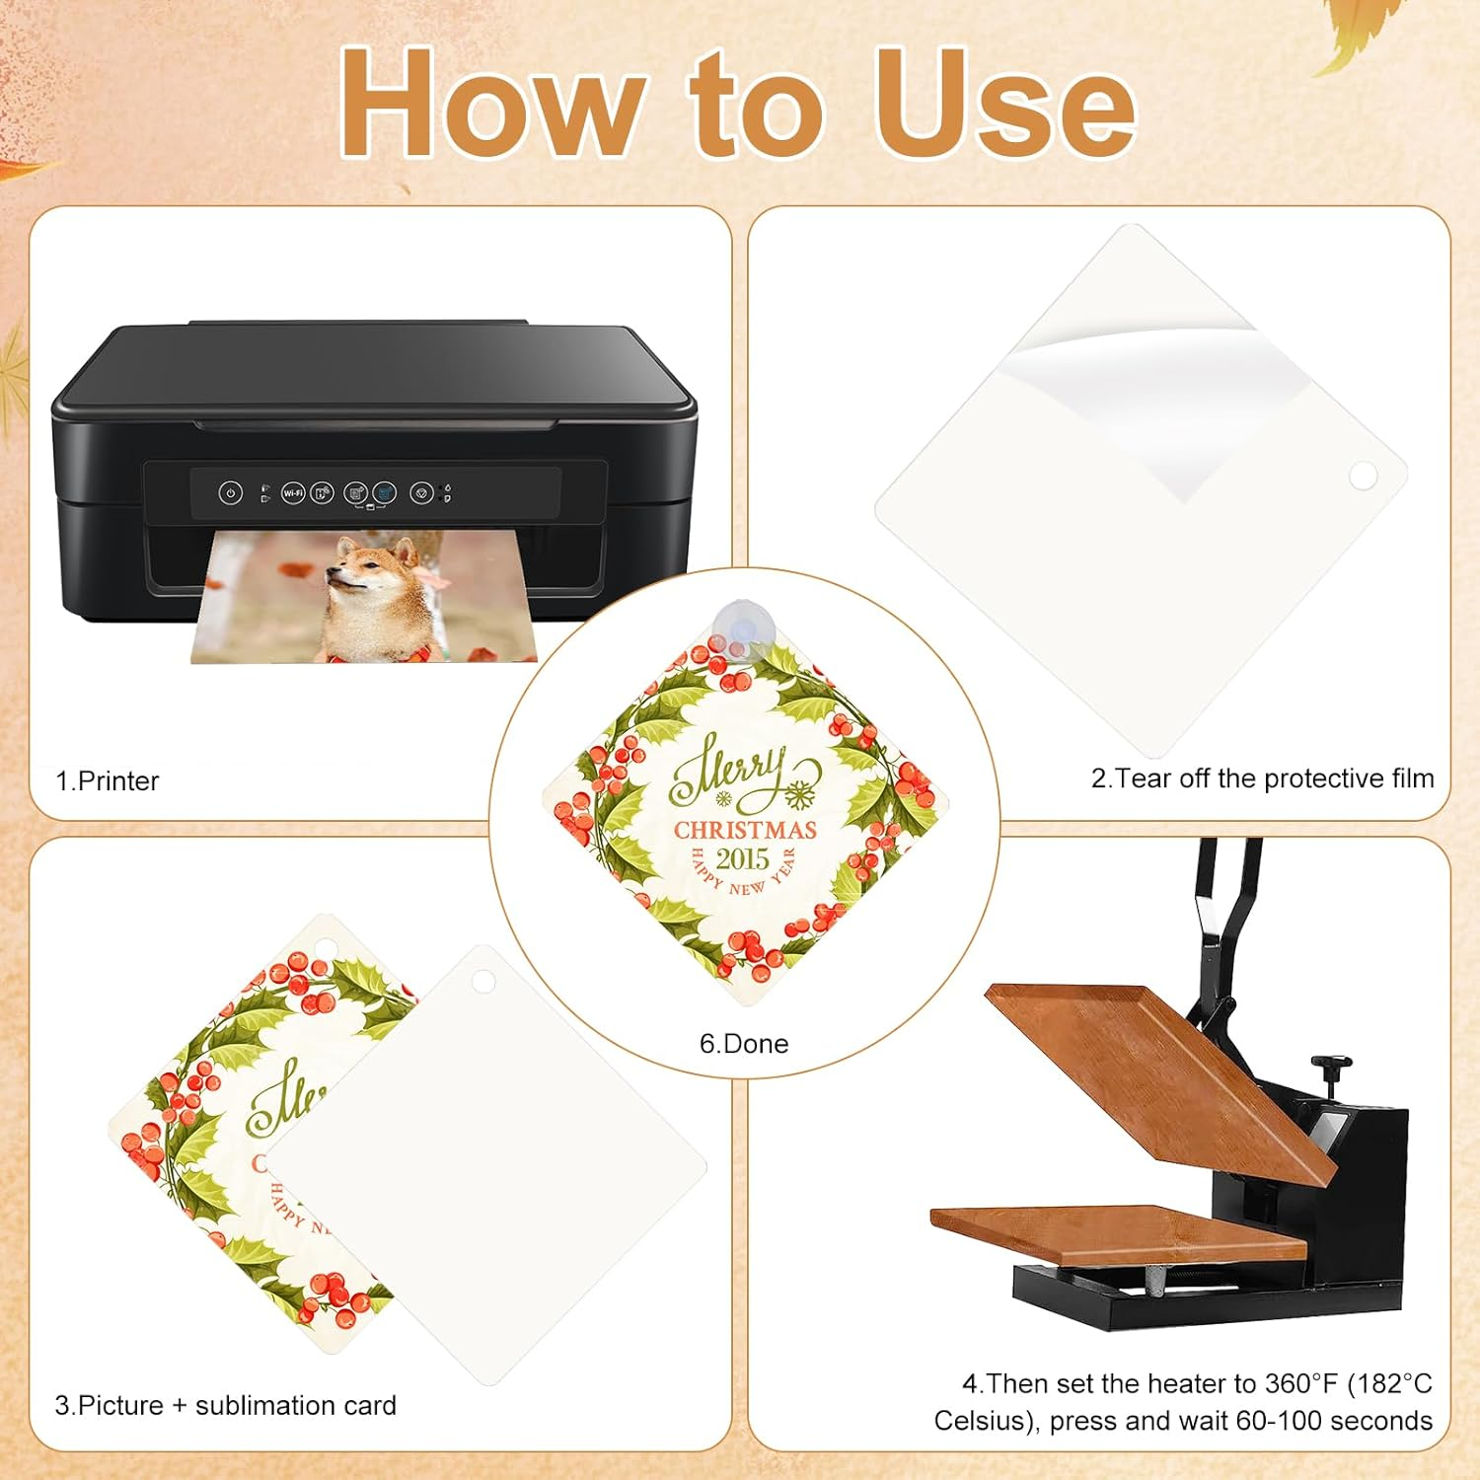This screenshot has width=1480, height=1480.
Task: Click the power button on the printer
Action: (230, 492)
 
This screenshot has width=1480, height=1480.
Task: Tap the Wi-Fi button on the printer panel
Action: (293, 492)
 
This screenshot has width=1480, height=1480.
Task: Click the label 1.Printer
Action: (108, 780)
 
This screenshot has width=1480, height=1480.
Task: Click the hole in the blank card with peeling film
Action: (1363, 477)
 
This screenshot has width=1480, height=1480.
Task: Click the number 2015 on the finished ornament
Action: (743, 858)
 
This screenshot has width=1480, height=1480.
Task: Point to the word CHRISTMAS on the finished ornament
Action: (745, 830)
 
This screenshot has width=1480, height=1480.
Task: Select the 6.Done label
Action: (744, 1044)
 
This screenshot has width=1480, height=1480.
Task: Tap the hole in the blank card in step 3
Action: (482, 981)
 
